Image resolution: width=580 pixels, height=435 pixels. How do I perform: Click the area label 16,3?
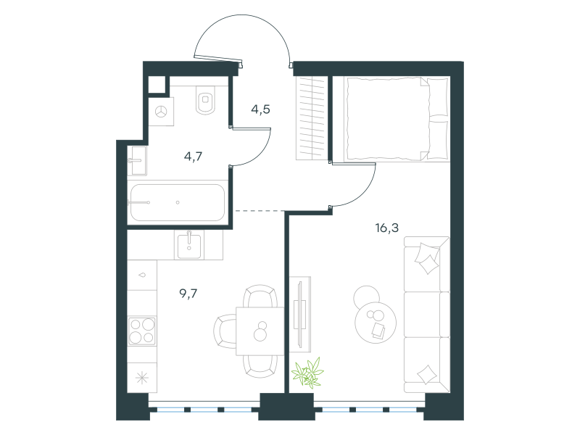pyautogui.click(x=387, y=228)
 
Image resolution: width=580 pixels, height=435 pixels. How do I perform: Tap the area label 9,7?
pyautogui.click(x=188, y=294)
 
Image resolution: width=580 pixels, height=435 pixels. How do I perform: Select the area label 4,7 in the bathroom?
pyautogui.click(x=193, y=157)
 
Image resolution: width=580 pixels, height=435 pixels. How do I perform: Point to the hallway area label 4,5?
pyautogui.click(x=260, y=109)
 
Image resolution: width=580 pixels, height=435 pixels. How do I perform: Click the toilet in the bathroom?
pyautogui.click(x=206, y=100)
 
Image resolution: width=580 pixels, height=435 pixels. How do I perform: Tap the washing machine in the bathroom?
pyautogui.click(x=161, y=112)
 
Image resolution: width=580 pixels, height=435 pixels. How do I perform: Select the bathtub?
pyautogui.click(x=177, y=202)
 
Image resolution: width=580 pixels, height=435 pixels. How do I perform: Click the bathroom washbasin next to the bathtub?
pyautogui.click(x=137, y=160)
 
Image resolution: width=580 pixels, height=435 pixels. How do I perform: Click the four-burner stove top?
pyautogui.click(x=142, y=331)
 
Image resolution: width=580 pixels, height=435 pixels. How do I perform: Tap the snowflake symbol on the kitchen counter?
pyautogui.click(x=142, y=378)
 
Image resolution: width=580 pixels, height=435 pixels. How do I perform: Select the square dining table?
pyautogui.click(x=260, y=331)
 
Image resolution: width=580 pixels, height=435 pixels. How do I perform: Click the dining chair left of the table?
pyautogui.click(x=225, y=331)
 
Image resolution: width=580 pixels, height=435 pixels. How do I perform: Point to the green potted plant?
pyautogui.click(x=307, y=373)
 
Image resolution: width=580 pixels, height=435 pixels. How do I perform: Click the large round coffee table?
pyautogui.click(x=376, y=322)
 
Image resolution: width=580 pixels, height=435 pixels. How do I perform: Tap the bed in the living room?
pyautogui.click(x=397, y=119)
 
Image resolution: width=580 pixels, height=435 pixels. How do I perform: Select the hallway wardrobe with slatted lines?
pyautogui.click(x=311, y=118)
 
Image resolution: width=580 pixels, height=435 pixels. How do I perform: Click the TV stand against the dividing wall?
pyautogui.click(x=300, y=315)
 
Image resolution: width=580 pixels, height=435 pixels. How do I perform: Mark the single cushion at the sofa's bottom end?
pyautogui.click(x=427, y=374)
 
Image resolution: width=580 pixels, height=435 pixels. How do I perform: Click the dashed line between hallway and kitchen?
pyautogui.click(x=260, y=211)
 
